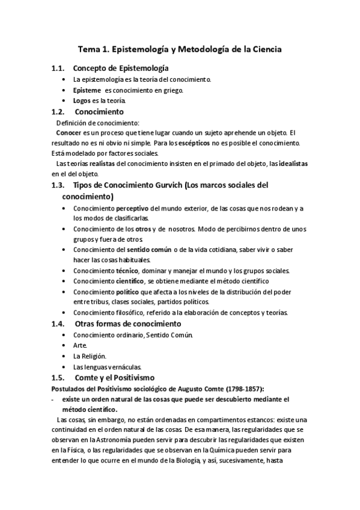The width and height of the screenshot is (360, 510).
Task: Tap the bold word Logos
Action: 82,100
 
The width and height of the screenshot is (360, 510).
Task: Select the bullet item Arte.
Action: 79,345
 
